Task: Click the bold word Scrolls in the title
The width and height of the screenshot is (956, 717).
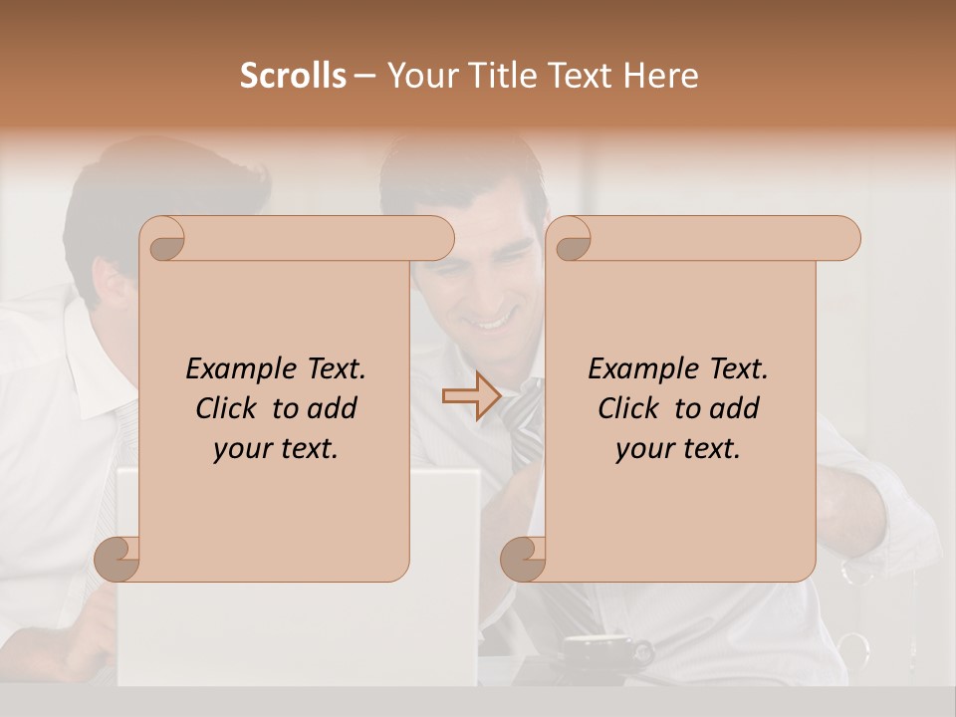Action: (294, 76)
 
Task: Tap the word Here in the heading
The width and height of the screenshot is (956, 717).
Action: (660, 76)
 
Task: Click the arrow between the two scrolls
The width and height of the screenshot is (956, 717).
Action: (471, 396)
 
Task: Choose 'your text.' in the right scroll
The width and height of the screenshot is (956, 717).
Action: (677, 448)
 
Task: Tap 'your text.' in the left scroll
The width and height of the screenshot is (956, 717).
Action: (275, 448)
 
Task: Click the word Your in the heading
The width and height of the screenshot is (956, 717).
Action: (421, 76)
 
